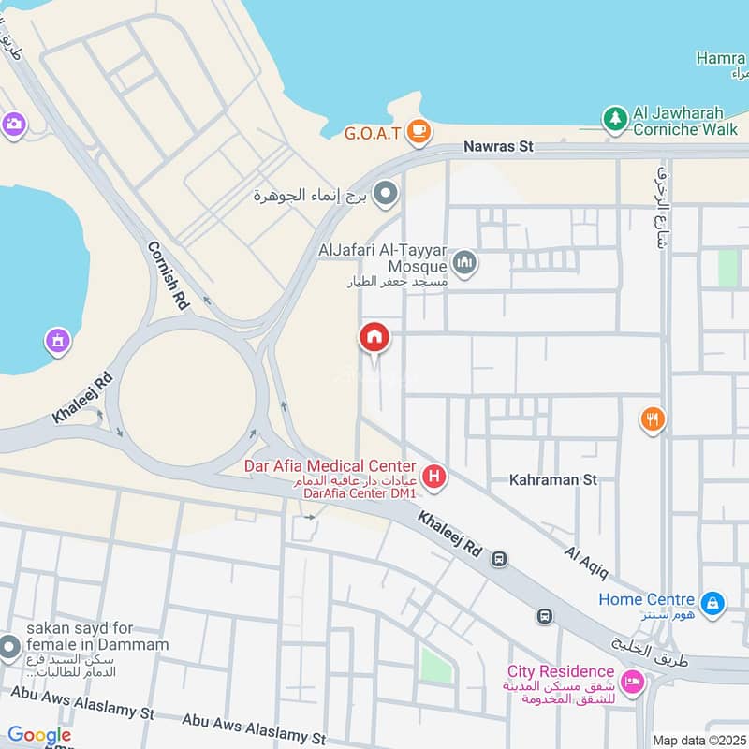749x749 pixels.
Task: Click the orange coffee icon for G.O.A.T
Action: [x=419, y=132]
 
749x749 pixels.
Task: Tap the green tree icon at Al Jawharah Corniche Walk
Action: [x=614, y=119]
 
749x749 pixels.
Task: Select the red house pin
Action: [x=374, y=339]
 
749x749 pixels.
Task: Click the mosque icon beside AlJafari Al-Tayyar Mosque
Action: [x=464, y=263]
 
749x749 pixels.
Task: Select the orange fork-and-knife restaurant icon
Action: [x=653, y=419]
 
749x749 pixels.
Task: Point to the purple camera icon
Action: [x=13, y=125]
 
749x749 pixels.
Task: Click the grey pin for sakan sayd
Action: [x=9, y=647]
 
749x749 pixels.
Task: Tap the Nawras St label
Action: [x=498, y=147]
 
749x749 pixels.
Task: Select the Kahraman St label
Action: [x=552, y=479]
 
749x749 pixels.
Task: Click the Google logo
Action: [x=39, y=735]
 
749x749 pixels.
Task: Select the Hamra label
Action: [x=721, y=58]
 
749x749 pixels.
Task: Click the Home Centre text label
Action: [x=647, y=599]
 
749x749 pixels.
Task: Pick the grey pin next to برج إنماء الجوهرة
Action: [x=385, y=195]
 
